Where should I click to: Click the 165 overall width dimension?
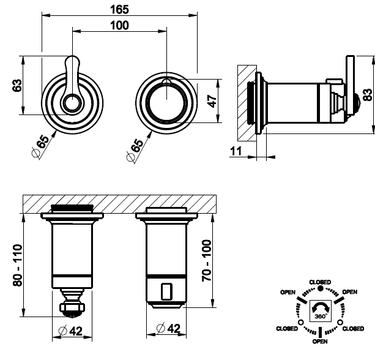click(x=119, y=9)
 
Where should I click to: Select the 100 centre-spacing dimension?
click(x=120, y=25)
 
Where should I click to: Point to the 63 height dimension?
click(x=17, y=86)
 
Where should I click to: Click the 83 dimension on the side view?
click(x=366, y=93)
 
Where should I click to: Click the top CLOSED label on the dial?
click(x=321, y=282)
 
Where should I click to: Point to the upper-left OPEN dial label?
click(x=289, y=292)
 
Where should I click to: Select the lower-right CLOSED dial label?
click(x=353, y=329)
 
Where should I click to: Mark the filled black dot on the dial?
click(x=321, y=288)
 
